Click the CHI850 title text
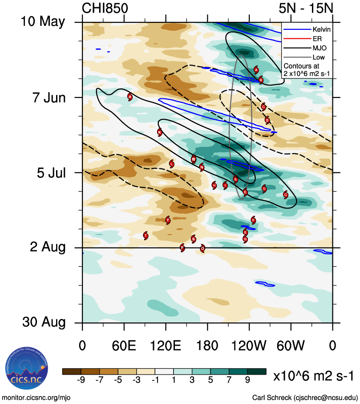(105, 8)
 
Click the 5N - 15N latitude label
(307, 8)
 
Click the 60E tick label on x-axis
(124, 346)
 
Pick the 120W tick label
(249, 346)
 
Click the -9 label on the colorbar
(81, 380)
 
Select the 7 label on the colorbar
(229, 380)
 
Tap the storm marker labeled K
(160, 132)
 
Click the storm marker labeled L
(172, 164)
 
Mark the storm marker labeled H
(214, 185)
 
